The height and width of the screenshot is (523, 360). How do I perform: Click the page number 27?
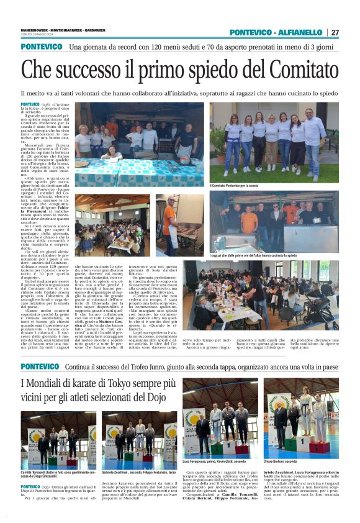tap(335, 32)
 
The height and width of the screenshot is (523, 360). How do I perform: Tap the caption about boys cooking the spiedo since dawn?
tap(253, 255)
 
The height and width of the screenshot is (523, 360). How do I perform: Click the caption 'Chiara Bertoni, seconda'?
tap(285, 462)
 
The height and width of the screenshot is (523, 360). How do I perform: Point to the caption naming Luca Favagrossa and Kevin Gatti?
tap(213, 462)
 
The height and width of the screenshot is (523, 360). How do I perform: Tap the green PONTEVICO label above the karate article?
tap(41, 367)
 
